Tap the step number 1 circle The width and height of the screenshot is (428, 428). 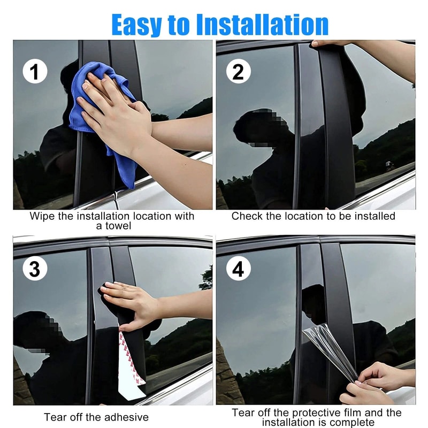click(35, 71)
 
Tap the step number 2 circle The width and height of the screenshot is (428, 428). click(238, 71)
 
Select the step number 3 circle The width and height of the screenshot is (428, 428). click(35, 269)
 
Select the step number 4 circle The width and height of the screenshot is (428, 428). click(238, 269)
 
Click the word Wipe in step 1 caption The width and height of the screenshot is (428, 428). click(40, 216)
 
